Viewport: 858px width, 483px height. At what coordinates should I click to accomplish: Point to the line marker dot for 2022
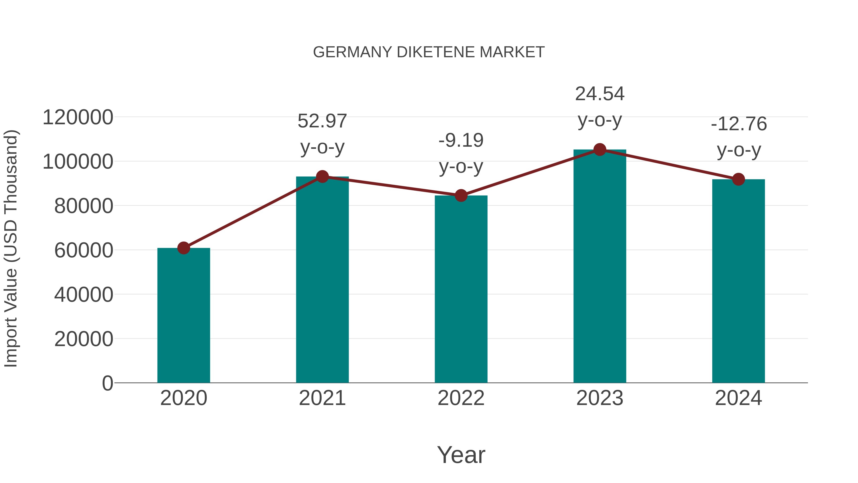click(461, 196)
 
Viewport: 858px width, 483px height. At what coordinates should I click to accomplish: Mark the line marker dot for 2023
click(600, 150)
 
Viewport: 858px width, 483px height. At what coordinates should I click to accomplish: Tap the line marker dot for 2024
click(738, 179)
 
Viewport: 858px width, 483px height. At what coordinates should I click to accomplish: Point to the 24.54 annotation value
click(600, 94)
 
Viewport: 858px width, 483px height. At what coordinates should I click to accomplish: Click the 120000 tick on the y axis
click(78, 117)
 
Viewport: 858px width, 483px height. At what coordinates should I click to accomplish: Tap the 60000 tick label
click(84, 250)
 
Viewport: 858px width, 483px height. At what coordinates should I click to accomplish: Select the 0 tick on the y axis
click(107, 383)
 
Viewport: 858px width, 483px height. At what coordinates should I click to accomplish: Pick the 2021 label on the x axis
click(322, 398)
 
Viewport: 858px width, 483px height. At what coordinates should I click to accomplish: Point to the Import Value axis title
click(11, 248)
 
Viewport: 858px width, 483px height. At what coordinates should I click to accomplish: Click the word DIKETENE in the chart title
click(436, 52)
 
